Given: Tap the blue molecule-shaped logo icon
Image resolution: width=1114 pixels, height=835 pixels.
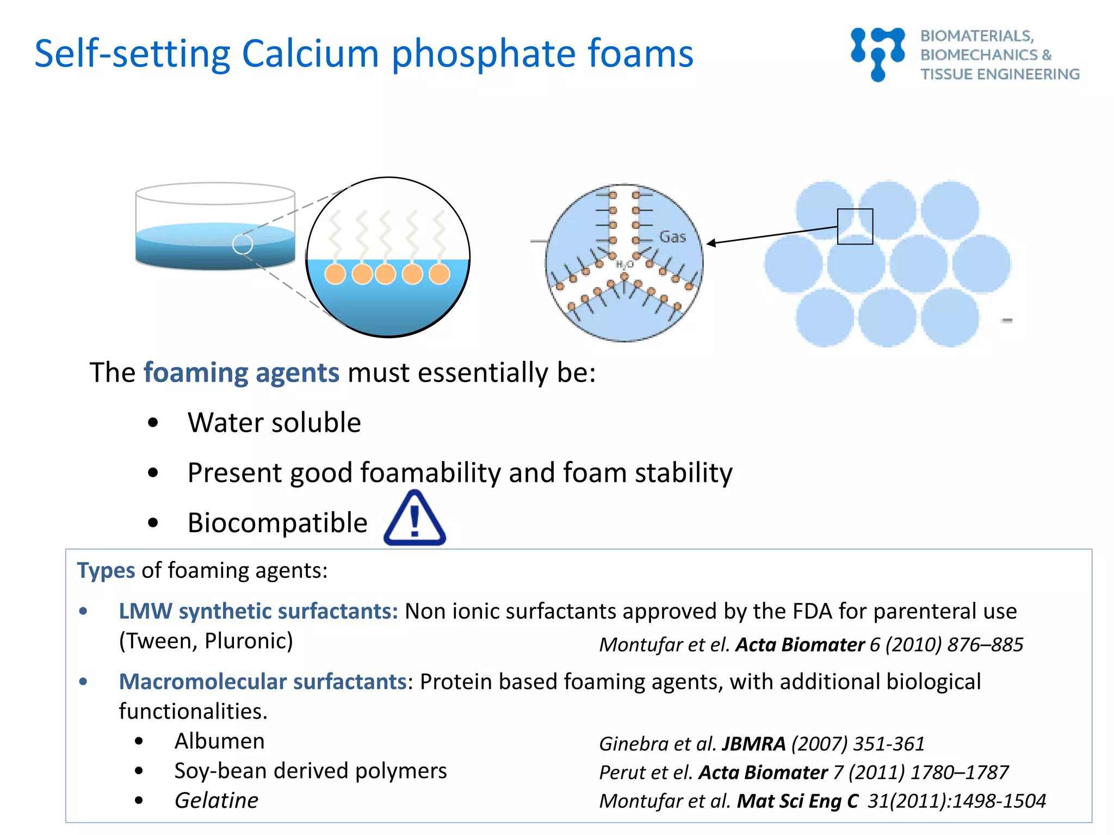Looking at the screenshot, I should [877, 53].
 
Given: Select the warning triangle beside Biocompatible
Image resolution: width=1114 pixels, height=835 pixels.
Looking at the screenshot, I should [414, 519].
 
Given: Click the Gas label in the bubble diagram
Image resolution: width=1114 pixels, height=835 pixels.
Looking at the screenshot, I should [672, 237].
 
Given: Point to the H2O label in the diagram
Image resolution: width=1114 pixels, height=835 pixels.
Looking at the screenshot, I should [624, 264].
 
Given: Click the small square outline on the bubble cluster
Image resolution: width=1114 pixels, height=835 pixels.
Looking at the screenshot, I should [855, 226].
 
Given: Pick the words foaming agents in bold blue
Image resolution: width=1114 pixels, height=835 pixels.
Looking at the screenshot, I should [242, 373].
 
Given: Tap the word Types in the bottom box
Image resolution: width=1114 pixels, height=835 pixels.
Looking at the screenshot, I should [106, 570].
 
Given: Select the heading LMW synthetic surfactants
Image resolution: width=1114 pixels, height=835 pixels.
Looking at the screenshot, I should [258, 611].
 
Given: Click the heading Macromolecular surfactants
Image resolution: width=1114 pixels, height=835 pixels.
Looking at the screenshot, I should [263, 682].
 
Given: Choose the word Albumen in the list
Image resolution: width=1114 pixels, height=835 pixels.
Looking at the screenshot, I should [219, 741].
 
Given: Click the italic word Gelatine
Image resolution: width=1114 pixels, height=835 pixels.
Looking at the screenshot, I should [216, 800].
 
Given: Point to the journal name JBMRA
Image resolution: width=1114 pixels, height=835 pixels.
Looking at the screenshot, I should [753, 744].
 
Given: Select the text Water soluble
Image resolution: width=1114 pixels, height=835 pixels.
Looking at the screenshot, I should [274, 422].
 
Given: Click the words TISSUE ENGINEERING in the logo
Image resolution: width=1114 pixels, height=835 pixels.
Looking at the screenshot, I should [1000, 74].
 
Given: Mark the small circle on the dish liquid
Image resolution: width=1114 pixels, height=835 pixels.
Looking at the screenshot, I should [243, 244].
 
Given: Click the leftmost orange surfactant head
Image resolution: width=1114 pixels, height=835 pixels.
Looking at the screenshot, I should [335, 273].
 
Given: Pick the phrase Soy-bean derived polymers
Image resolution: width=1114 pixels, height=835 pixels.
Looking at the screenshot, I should [311, 771].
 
